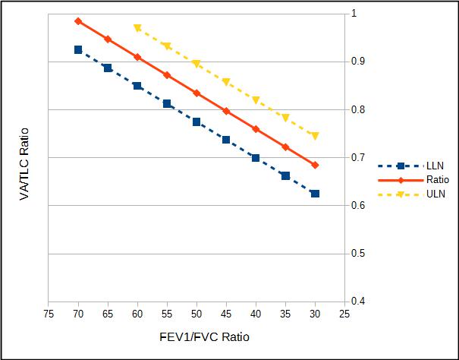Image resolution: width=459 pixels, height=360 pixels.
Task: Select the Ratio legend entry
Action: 437,180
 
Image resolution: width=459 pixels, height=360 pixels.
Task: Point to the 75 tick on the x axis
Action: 49,313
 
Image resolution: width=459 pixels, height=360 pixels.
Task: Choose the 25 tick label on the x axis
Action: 344,313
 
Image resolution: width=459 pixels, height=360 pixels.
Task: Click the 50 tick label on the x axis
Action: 196,313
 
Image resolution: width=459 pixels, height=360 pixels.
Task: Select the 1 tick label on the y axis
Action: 353,14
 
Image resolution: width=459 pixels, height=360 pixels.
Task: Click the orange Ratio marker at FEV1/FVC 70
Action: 78,21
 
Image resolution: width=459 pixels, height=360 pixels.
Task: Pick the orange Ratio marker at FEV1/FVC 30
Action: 315,165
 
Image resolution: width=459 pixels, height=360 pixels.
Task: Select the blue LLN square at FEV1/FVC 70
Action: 78,49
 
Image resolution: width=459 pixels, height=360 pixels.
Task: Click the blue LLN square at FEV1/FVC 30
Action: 315,194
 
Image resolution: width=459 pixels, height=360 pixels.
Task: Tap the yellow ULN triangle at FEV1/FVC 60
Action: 137,28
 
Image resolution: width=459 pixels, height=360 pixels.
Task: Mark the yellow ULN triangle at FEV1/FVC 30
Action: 315,136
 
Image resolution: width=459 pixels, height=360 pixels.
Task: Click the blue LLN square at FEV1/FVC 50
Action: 196,122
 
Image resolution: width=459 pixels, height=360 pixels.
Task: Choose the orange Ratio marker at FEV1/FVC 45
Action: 226,111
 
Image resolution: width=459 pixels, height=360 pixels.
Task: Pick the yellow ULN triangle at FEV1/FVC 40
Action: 256,100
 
